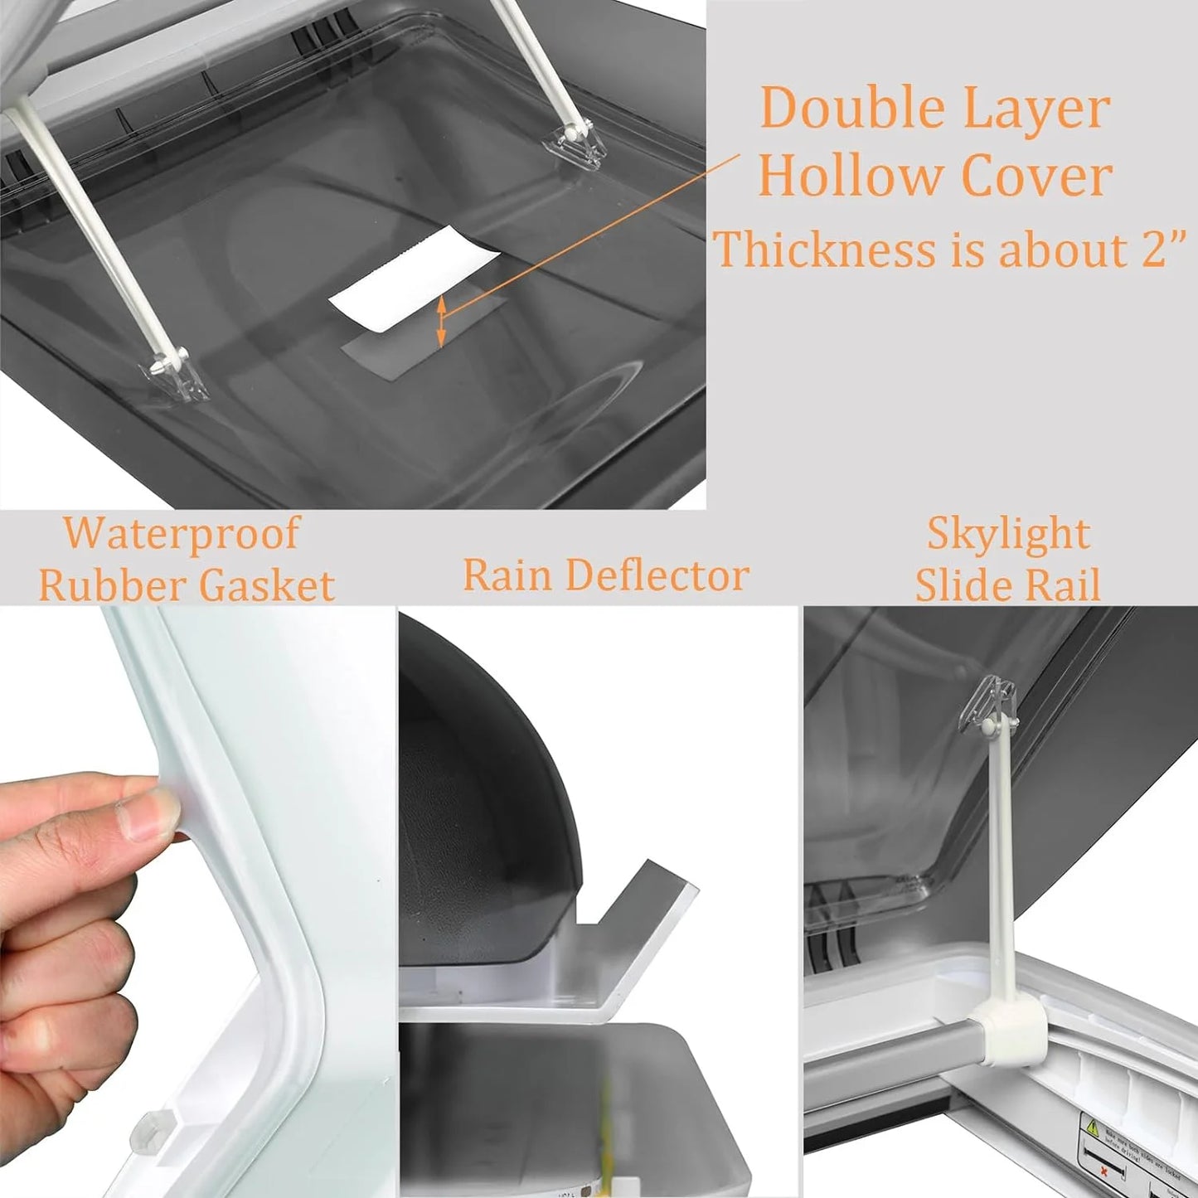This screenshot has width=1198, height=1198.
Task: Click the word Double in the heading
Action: tap(841, 108)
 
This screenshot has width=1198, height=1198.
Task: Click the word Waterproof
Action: tap(181, 532)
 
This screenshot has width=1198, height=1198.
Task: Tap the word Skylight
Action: tap(1007, 532)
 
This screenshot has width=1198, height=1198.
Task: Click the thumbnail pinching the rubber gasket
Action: tap(153, 808)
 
